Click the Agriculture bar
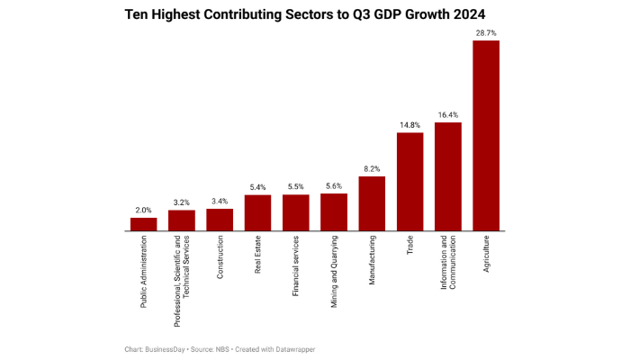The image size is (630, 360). point(486,136)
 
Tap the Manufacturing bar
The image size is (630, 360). point(372,203)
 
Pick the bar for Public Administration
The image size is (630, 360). point(143,224)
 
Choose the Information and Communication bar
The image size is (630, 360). point(448,176)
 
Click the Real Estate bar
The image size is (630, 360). point(257,212)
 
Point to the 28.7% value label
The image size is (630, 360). point(486,32)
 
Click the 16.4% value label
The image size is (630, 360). point(448,114)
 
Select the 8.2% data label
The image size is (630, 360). point(372,168)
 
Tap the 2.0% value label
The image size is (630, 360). point(143,210)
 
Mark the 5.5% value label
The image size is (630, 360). point(295,186)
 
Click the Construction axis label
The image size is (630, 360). point(220,258)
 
